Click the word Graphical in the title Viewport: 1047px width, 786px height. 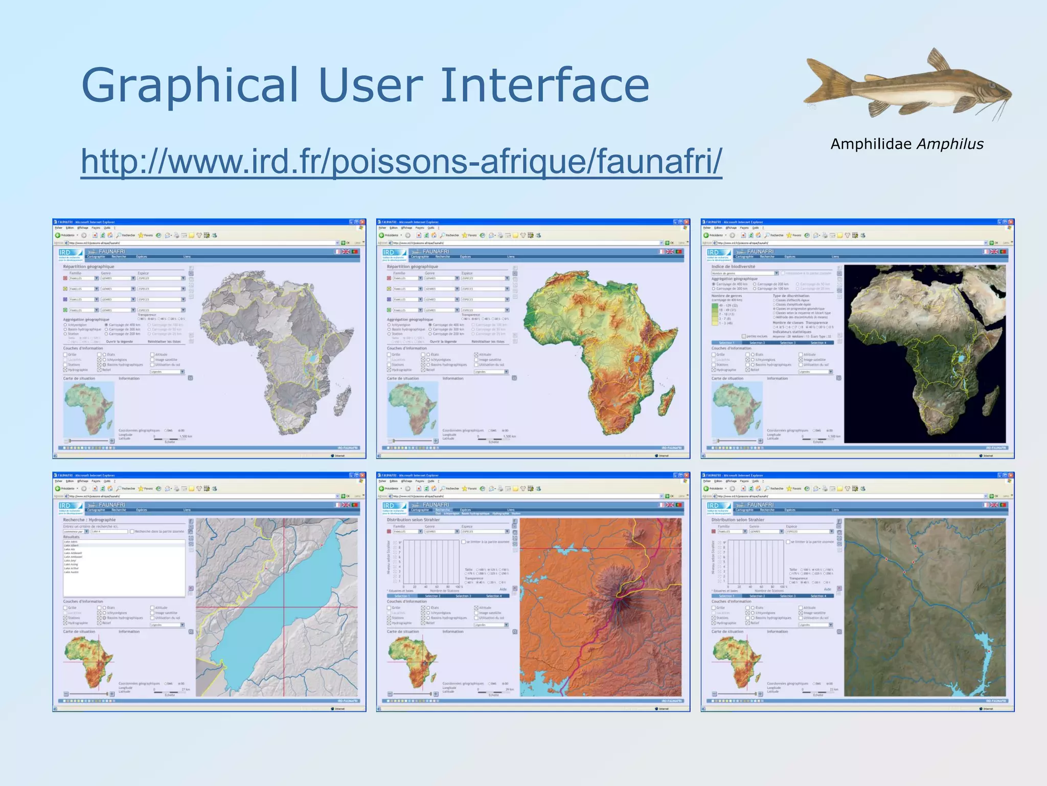pyautogui.click(x=190, y=85)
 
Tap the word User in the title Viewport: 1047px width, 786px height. pyautogui.click(x=371, y=85)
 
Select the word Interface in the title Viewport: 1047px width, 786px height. pyautogui.click(x=544, y=85)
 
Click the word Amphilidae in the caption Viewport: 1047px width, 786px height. pyautogui.click(x=871, y=144)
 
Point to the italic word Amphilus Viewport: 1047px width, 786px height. pyautogui.click(x=950, y=144)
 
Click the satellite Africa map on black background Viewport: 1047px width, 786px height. pyautogui.click(x=924, y=353)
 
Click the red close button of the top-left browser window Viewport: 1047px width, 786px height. pyautogui.click(x=362, y=222)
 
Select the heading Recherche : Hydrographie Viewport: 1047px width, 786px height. pyautogui.click(x=89, y=520)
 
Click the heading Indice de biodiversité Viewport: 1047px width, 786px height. pyautogui.click(x=733, y=267)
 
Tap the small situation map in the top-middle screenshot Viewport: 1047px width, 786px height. pyautogui.click(x=412, y=408)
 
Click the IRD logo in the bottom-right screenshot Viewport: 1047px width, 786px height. pyautogui.click(x=713, y=506)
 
